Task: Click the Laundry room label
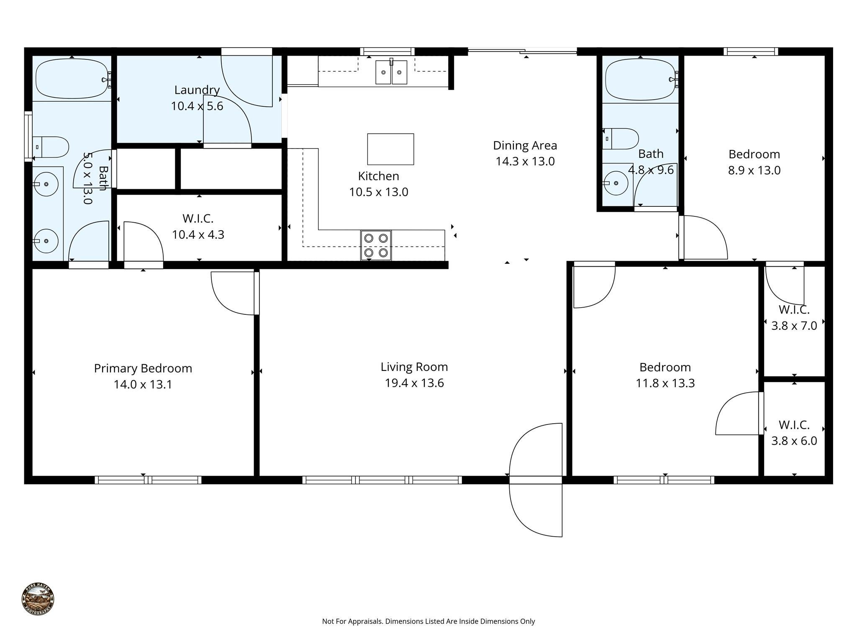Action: click(x=197, y=90)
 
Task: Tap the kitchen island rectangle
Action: click(x=390, y=149)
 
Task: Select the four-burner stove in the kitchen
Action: click(x=376, y=245)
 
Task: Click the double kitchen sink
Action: click(x=391, y=72)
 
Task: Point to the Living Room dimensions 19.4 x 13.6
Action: click(x=414, y=383)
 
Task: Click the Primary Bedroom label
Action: click(x=143, y=368)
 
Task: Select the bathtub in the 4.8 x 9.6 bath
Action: click(x=640, y=80)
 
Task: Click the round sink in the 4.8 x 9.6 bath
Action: click(x=616, y=183)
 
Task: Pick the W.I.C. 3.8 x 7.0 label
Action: click(x=794, y=318)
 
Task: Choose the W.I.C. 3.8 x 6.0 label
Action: click(x=794, y=433)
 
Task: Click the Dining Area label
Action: click(x=525, y=146)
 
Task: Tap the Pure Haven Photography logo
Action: click(x=38, y=599)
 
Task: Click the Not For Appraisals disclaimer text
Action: click(x=428, y=621)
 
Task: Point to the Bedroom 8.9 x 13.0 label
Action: click(x=754, y=162)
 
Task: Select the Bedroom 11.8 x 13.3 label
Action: click(x=665, y=375)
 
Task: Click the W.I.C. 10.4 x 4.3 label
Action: click(x=198, y=226)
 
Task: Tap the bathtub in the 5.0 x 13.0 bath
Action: click(x=72, y=78)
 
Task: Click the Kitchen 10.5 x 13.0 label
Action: click(x=378, y=184)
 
